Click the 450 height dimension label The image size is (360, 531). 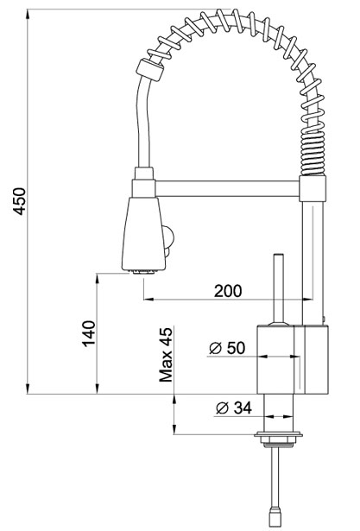click(x=19, y=201)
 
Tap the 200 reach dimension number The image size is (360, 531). click(x=228, y=291)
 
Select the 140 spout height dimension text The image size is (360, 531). click(x=89, y=333)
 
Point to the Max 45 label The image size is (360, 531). click(x=166, y=355)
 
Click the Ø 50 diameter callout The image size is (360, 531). click(x=227, y=348)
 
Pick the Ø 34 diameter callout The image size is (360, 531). click(x=234, y=408)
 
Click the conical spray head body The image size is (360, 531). click(x=144, y=233)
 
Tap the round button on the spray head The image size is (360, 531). click(x=168, y=235)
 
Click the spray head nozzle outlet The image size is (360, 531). click(x=145, y=272)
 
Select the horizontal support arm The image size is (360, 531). click(x=227, y=188)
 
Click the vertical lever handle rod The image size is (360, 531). click(x=279, y=288)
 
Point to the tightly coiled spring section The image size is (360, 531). click(x=313, y=154)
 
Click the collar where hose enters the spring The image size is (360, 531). click(x=149, y=70)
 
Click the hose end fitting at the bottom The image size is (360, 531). click(x=275, y=516)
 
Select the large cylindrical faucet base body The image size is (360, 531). click(x=293, y=360)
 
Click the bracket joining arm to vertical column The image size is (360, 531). click(x=313, y=188)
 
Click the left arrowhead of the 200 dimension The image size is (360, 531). click(x=148, y=300)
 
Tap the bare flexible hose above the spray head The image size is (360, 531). click(x=142, y=122)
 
